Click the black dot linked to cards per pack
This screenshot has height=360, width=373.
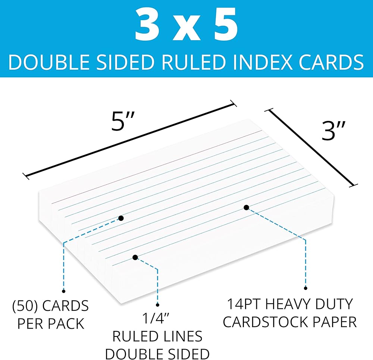pyautogui.click(x=120, y=218)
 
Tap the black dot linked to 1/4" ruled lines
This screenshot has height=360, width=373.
pyautogui.click(x=135, y=257)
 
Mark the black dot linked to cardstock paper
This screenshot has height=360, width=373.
pyautogui.click(x=246, y=207)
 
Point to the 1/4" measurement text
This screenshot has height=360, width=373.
pyautogui.click(x=157, y=320)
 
